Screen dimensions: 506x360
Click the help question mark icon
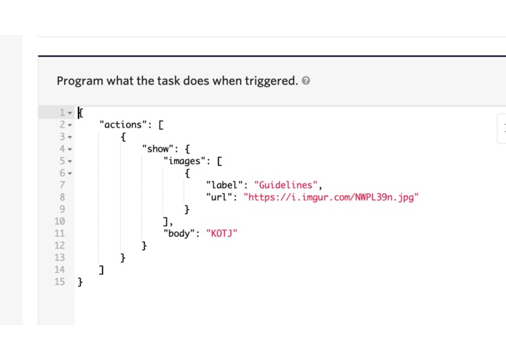pyautogui.click(x=306, y=81)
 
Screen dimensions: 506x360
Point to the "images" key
pyautogui.click(x=184, y=161)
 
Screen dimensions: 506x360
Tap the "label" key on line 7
pyautogui.click(x=224, y=185)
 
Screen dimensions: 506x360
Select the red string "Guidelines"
pyautogui.click(x=285, y=185)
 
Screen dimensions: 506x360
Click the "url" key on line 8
pyautogui.click(x=219, y=197)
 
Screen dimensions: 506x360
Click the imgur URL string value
pyautogui.click(x=331, y=197)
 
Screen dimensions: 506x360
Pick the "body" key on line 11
pyautogui.click(x=179, y=233)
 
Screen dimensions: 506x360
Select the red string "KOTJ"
pyautogui.click(x=222, y=233)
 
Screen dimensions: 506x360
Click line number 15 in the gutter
pyautogui.click(x=60, y=281)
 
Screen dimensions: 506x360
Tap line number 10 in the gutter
pyautogui.click(x=60, y=221)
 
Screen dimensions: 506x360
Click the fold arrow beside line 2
pyautogui.click(x=70, y=125)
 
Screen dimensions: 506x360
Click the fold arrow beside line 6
pyautogui.click(x=70, y=173)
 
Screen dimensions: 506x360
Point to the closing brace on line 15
pyautogui.click(x=80, y=282)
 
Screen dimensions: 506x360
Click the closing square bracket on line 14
pyautogui.click(x=101, y=270)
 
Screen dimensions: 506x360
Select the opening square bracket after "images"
pyautogui.click(x=219, y=161)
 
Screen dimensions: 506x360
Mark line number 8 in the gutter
pyautogui.click(x=63, y=197)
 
